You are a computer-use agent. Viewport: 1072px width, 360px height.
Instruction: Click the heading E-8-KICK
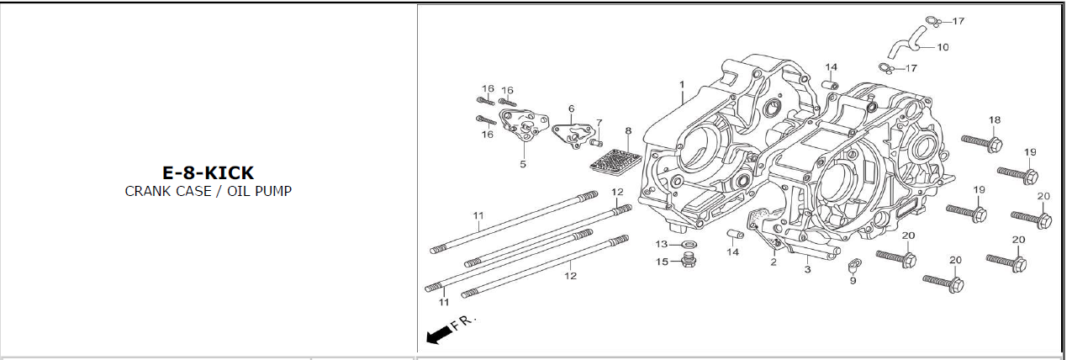point(209,172)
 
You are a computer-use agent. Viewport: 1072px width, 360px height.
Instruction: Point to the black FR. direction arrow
point(439,335)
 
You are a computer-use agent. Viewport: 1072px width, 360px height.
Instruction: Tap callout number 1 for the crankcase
point(682,85)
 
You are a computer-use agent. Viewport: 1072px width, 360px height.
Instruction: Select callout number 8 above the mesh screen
point(628,130)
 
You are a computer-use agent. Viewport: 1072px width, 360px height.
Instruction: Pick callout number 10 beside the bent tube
point(943,47)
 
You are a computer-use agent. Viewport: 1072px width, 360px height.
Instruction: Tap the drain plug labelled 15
point(689,260)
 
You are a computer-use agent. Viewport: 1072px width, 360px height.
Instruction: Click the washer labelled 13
point(688,245)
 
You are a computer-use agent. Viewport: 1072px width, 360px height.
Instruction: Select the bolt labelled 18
point(982,143)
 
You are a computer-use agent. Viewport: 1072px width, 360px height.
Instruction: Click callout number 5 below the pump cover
point(523,164)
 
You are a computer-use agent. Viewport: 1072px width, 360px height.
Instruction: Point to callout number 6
point(572,109)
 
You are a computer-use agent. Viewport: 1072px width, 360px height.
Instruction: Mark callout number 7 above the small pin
point(599,123)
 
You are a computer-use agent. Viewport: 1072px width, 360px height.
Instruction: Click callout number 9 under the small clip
point(853,281)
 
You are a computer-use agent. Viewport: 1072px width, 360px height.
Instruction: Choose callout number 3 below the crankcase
point(808,269)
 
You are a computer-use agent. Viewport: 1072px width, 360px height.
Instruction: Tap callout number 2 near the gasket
point(774,262)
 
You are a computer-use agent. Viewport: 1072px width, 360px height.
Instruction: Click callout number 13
point(662,244)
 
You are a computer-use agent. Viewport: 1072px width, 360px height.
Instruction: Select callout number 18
point(995,119)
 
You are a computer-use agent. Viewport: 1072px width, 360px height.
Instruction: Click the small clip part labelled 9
point(854,265)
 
